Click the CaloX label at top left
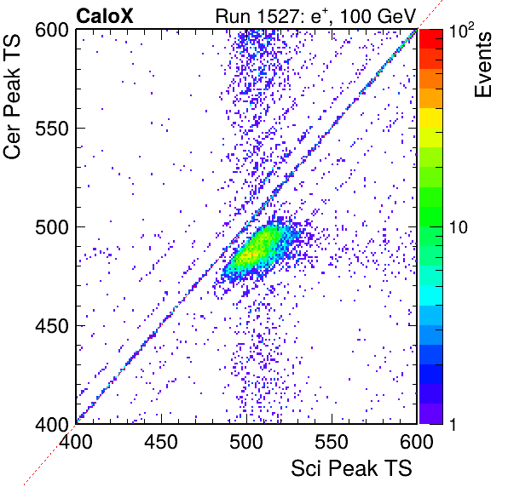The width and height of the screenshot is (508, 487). point(105,16)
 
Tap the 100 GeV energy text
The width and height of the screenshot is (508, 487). point(378,16)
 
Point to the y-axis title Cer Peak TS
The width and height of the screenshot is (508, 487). point(12,96)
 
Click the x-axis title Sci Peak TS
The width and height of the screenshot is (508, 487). point(351,468)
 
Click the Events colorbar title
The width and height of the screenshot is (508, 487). point(482,65)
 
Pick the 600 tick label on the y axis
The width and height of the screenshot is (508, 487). point(52,31)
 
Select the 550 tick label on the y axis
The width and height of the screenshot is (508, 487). point(52,129)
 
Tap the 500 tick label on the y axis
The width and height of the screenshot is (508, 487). point(52,227)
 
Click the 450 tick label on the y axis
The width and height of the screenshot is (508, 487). point(52,326)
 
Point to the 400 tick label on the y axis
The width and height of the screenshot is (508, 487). point(52,424)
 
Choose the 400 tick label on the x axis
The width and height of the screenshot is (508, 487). point(76,442)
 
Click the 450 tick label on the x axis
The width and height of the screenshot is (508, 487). point(161,442)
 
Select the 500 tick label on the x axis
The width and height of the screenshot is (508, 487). point(246,442)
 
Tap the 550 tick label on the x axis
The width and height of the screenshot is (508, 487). point(332,442)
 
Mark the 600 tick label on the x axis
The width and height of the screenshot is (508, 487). point(417,442)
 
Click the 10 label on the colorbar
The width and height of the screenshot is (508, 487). point(459,227)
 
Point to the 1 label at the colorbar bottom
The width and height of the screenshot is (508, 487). point(453,424)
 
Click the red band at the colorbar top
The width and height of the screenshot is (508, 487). point(431,39)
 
